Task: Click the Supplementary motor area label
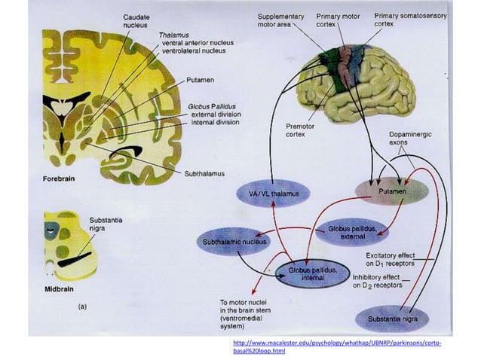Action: (x=280, y=20)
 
